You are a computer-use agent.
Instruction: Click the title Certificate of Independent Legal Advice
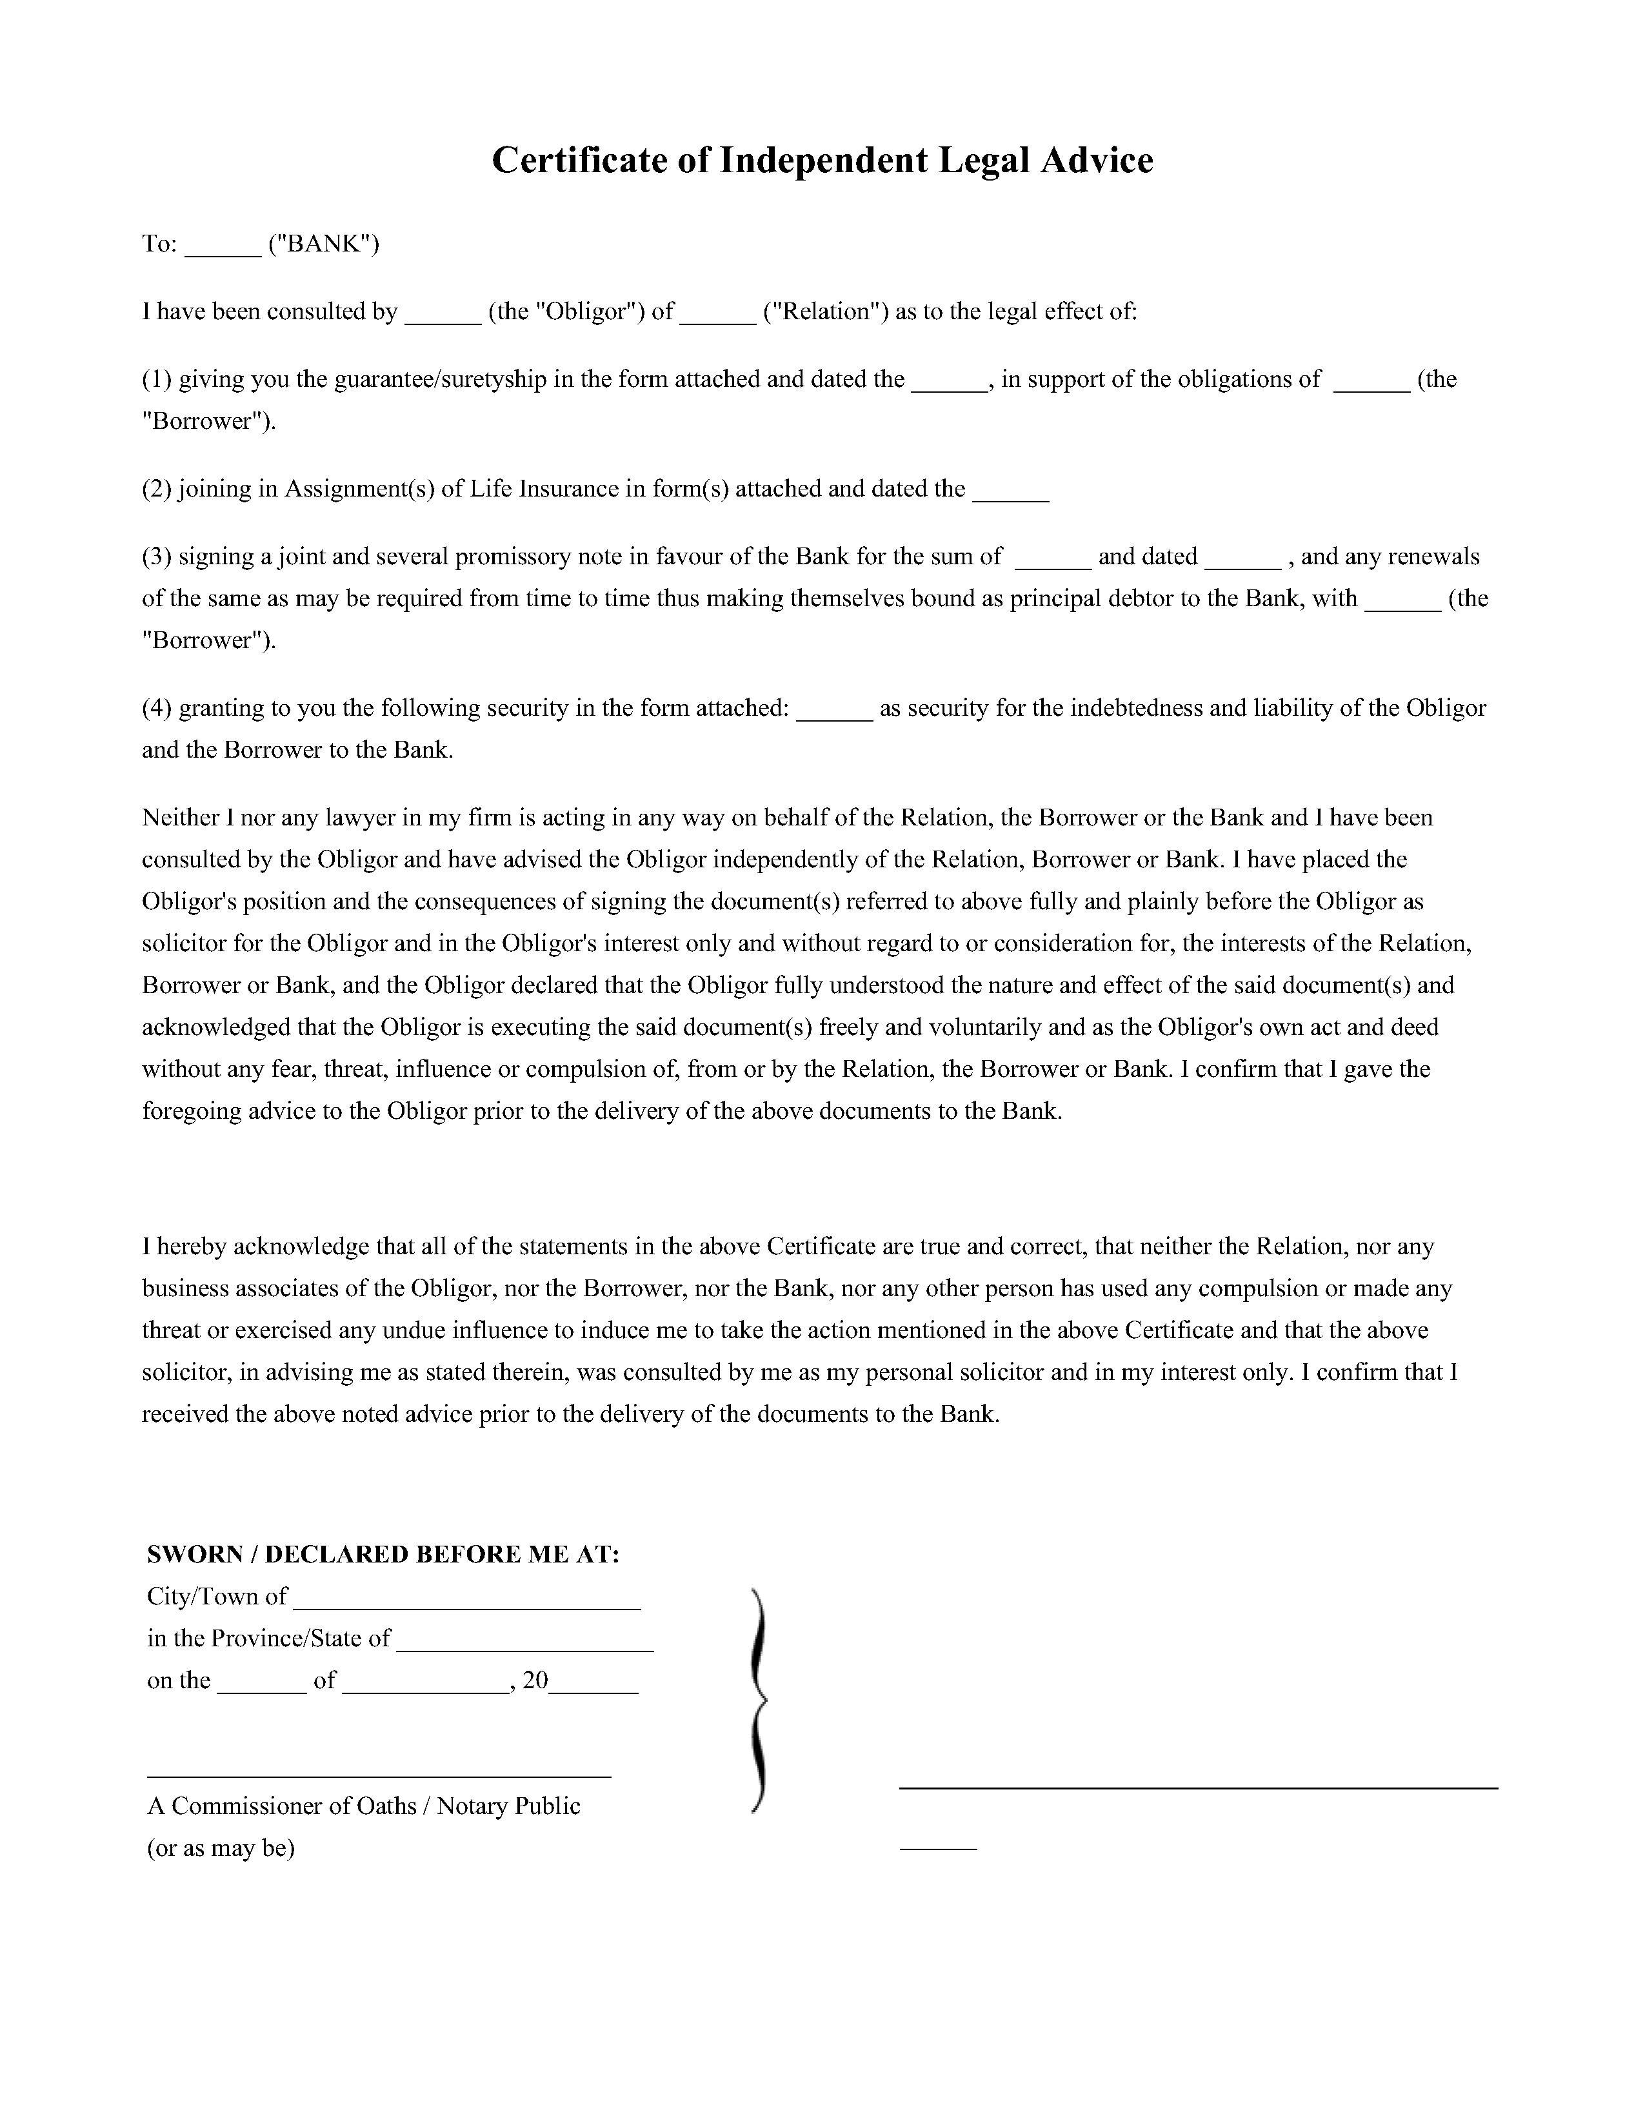pos(821,160)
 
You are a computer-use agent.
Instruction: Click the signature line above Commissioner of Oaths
pos(379,1777)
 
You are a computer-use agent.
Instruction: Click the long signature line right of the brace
pos(1198,1787)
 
